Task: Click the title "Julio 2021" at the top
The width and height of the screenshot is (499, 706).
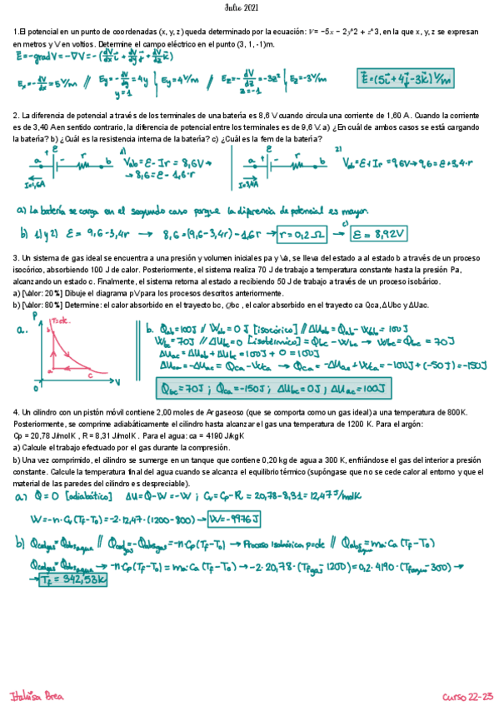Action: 249,7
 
